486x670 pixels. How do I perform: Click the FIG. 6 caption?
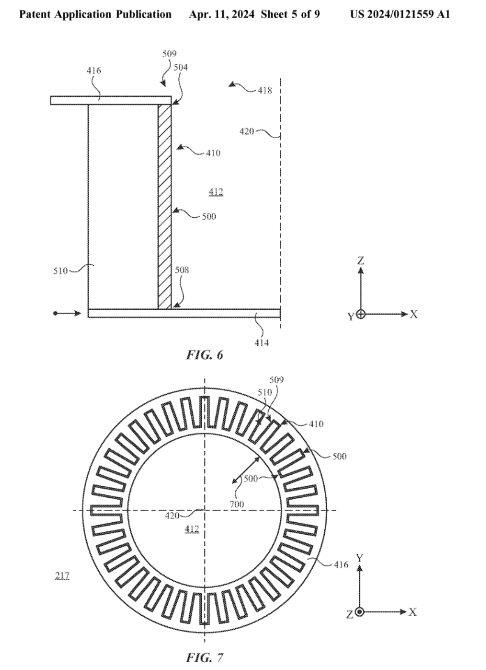204,355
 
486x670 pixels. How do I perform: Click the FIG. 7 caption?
204,657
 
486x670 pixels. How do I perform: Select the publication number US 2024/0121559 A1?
400,13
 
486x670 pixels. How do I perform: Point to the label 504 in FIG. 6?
181,68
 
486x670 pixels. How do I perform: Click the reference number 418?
264,91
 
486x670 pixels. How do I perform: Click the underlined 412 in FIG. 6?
215,192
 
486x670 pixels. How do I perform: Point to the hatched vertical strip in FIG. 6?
164,207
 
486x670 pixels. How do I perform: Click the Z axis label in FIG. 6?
361,260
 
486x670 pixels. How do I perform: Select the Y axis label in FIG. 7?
360,557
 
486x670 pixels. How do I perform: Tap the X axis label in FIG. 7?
413,612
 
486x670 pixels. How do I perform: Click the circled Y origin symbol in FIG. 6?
361,315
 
